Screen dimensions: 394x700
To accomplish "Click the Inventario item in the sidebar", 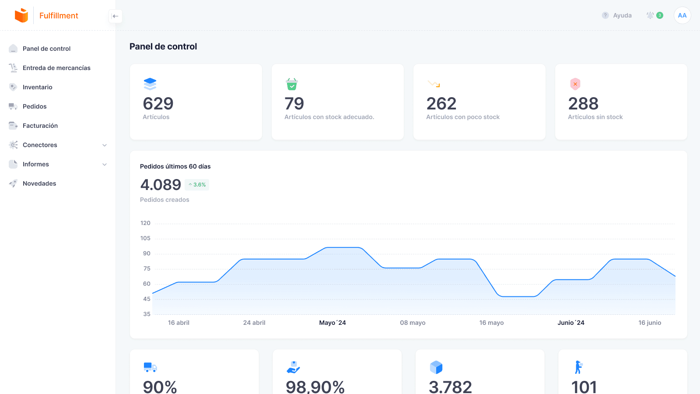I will pos(37,87).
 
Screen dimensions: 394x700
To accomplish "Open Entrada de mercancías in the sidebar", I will pos(56,68).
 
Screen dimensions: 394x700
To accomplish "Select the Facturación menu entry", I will pos(40,126).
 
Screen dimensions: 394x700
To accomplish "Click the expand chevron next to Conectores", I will pos(105,145).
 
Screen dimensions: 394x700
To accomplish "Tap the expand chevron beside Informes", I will pos(105,165).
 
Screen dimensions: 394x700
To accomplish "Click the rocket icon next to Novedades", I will pos(13,183).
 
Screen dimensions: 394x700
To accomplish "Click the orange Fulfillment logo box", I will pos(21,15).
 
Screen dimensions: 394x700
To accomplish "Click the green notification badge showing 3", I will pos(660,15).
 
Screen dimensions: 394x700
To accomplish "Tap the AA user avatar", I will pos(682,15).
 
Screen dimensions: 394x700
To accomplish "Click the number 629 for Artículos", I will pos(158,104).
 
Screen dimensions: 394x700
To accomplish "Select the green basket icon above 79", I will pos(292,84).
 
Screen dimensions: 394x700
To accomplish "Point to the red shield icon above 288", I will pos(575,84).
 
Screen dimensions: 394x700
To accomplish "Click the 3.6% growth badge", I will pos(197,185).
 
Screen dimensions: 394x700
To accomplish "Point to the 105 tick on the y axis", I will pos(145,238).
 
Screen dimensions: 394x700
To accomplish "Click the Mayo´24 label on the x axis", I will pos(332,323).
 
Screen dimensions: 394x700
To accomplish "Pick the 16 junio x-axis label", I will pos(650,323).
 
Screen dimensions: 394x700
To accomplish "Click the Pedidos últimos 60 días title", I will pos(175,166).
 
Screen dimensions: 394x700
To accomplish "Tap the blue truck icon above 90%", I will pos(150,367).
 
